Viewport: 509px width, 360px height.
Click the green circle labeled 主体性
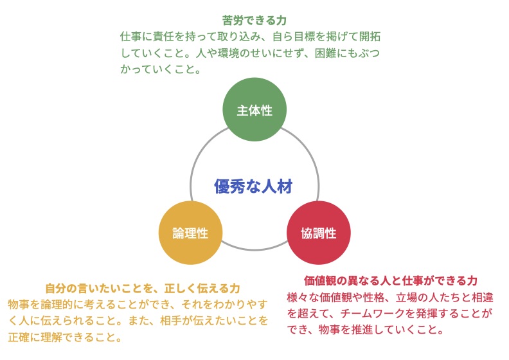click(254, 109)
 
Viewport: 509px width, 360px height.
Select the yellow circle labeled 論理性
click(190, 233)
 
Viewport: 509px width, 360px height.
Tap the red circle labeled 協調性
click(319, 233)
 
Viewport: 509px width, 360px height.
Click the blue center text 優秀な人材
click(253, 186)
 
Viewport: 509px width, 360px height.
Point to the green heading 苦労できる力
click(254, 21)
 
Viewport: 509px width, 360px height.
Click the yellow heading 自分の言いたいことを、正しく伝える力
click(143, 288)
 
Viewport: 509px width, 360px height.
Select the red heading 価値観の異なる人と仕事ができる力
click(391, 280)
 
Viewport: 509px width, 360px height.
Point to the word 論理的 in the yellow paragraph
click(57, 304)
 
